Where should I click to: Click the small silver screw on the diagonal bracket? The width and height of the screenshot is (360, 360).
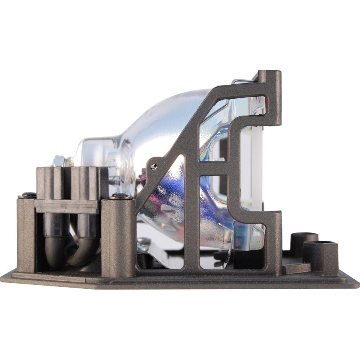point(154,167)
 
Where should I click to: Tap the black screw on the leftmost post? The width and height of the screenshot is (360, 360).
point(28,196)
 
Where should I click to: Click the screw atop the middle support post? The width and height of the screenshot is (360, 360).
point(120,196)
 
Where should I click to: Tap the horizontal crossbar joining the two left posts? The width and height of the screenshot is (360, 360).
point(66,206)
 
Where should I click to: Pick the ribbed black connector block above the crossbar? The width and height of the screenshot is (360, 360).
point(72,182)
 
